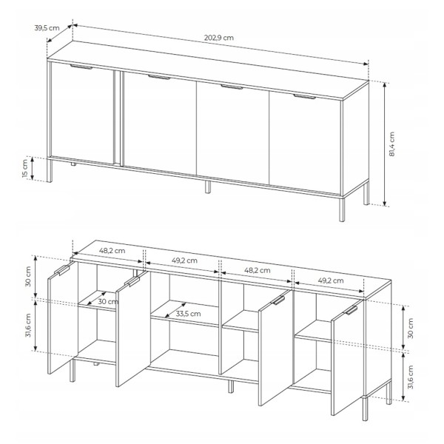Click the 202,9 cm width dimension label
pos(219,38)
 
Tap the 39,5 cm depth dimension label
pos(47,28)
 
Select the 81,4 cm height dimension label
pos(391,144)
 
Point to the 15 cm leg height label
pos(25,169)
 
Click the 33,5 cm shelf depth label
pos(188,314)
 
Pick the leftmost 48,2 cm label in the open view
pos(112,251)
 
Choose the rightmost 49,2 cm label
pos(331,280)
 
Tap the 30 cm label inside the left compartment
pos(108,302)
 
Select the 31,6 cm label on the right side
pos(411,377)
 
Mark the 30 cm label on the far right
pos(411,328)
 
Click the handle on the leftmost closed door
pos(81,67)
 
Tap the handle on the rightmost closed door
pos(305,96)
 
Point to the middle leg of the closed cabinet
pos(208,187)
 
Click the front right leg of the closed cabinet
pos(342,209)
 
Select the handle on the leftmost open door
pos(62,270)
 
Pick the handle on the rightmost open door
pos(351,310)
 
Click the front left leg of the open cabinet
pos(73,371)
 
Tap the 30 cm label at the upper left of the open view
pos(28,277)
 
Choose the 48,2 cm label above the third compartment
pos(257,270)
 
